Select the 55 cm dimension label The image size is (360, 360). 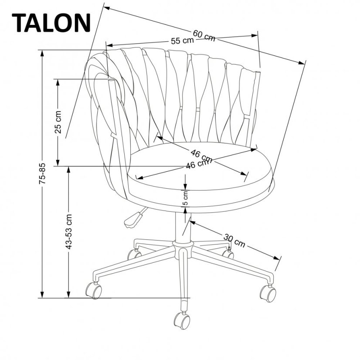click(x=182, y=41)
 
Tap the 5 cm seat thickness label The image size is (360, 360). click(x=185, y=198)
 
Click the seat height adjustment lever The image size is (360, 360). click(x=133, y=218)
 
